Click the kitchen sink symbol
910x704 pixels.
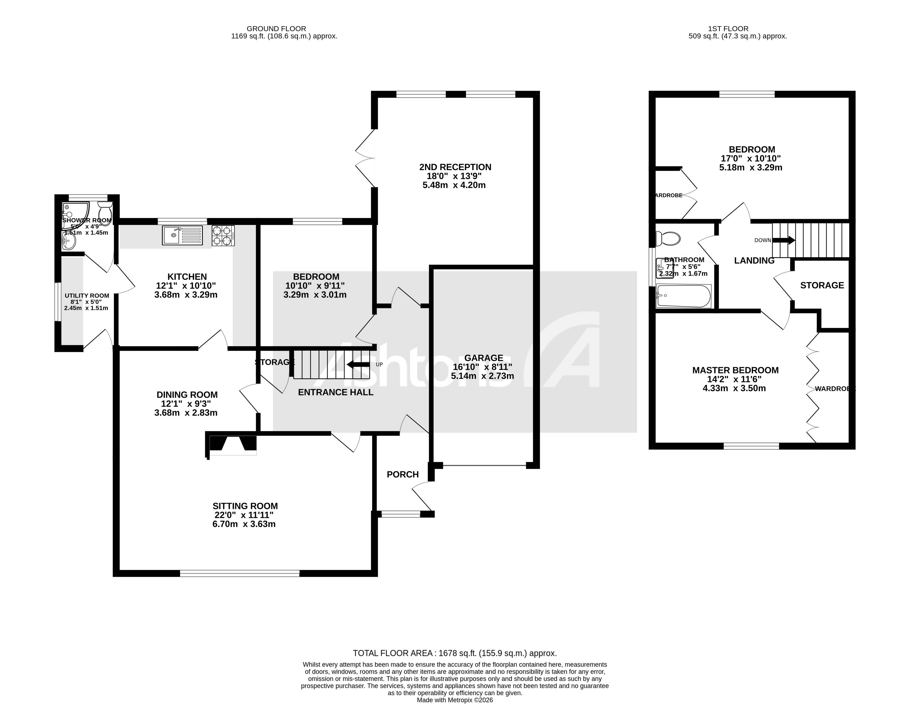[182, 235]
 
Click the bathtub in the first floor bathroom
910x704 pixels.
[683, 296]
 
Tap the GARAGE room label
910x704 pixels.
[483, 358]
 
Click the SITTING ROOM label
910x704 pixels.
[245, 506]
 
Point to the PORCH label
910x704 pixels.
[402, 474]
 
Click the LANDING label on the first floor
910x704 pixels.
[754, 261]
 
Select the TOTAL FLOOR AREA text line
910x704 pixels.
[455, 653]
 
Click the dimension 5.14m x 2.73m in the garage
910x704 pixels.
[482, 376]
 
